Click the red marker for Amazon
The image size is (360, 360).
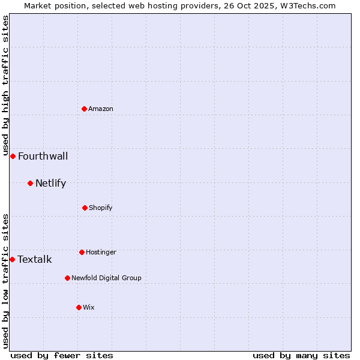(85, 109)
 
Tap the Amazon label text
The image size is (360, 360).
(101, 109)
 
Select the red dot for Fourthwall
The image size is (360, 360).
(13, 156)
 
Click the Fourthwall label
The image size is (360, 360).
(43, 157)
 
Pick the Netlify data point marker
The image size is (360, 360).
(30, 183)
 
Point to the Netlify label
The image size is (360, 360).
(50, 184)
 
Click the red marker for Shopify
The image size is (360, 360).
(85, 208)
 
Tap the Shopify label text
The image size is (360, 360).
(101, 208)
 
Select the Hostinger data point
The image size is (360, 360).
(82, 252)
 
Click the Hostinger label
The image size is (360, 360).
(101, 252)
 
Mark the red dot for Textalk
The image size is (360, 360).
(12, 259)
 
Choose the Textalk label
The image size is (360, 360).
(34, 260)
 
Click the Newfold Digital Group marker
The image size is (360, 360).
(67, 278)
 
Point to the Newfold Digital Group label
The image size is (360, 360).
(106, 278)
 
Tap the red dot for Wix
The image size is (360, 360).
(79, 307)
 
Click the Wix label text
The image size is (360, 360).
(89, 307)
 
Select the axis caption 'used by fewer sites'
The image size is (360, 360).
(62, 355)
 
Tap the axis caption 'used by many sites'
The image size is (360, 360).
(301, 355)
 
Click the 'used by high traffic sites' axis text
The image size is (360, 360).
(5, 85)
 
